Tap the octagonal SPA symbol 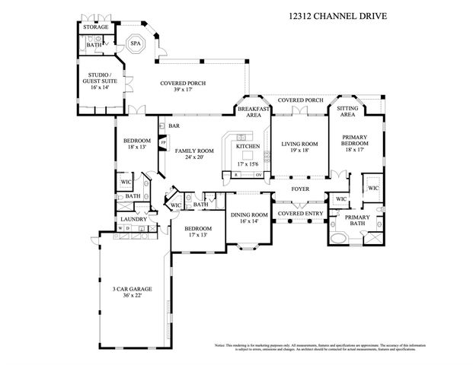point(136,44)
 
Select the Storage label point(95,27)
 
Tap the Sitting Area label point(347,113)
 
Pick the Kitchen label point(248,146)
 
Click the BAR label point(174,126)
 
